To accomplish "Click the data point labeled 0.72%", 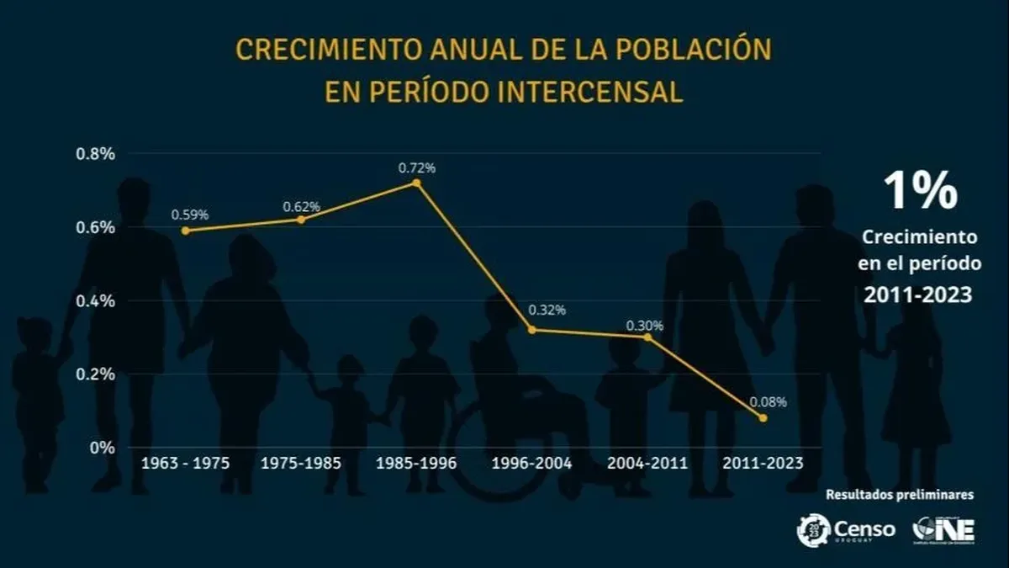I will tap(416, 183).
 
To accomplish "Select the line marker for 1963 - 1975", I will tap(185, 231).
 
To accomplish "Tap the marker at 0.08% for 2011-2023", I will tap(763, 418).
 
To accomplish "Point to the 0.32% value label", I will tap(547, 310).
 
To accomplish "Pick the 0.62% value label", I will tap(301, 206).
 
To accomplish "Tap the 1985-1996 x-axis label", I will tap(417, 463).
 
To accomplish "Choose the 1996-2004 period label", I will tap(533, 463).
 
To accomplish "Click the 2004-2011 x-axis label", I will tap(648, 463).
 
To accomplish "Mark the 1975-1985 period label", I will tap(301, 463).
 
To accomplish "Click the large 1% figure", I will tap(920, 191).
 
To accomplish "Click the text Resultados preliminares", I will tap(901, 495).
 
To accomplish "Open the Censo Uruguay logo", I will tap(846, 530).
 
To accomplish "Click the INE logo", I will tap(944, 530).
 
